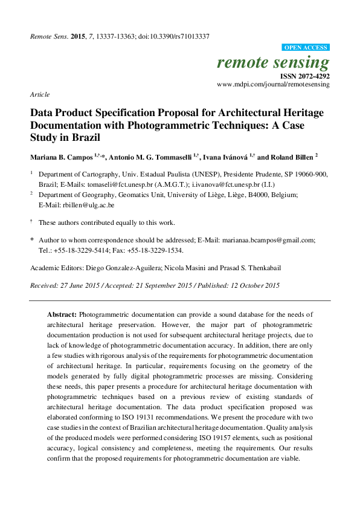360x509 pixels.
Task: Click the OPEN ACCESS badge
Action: [x=306, y=47]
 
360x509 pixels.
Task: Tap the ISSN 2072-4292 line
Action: [x=304, y=76]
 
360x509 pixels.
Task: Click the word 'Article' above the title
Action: [x=39, y=95]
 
